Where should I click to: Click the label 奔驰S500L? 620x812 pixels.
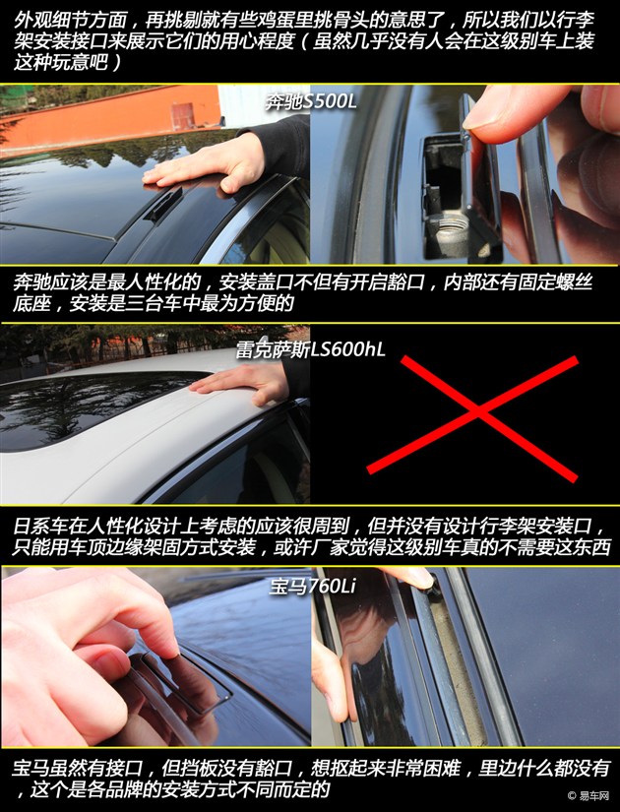(x=311, y=101)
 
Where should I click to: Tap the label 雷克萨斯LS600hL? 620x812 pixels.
(x=311, y=350)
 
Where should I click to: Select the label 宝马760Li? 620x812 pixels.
(x=312, y=586)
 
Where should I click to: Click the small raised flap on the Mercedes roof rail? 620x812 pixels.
(x=163, y=206)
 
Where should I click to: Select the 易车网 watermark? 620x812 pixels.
(x=589, y=795)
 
